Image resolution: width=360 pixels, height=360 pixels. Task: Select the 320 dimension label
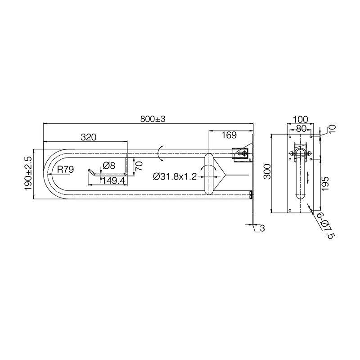point(88,137)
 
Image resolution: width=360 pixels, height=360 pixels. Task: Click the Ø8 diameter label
point(109,166)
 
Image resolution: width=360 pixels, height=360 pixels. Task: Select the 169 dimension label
point(229,135)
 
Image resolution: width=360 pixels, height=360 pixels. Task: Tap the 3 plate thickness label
point(262,228)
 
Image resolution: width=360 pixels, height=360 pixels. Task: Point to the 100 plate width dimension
point(300,119)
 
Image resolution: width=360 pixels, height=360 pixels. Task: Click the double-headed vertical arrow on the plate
point(307,177)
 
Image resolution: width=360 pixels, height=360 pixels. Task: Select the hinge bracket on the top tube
point(241,153)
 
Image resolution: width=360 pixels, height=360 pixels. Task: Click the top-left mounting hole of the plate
point(290,136)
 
